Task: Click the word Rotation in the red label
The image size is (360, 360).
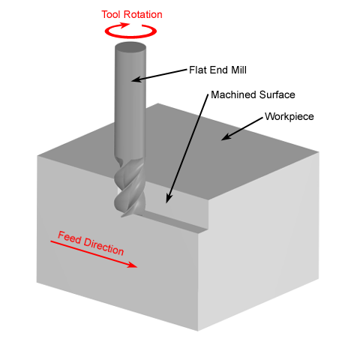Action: [143, 14]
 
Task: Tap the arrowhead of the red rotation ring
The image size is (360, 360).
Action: [124, 25]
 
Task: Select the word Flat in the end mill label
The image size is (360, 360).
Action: [199, 70]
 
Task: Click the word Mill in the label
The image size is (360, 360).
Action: [238, 70]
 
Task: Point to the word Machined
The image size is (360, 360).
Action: [234, 94]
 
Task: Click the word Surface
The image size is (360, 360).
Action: [277, 94]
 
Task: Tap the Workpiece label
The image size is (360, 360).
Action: [289, 117]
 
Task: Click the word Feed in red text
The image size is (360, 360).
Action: [70, 237]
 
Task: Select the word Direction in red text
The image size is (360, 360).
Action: [103, 247]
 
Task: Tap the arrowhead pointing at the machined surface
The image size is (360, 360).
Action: [169, 198]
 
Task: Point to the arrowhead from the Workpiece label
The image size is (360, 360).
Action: [226, 136]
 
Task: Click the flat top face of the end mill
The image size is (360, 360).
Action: [130, 47]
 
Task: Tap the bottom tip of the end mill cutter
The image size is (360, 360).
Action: [122, 216]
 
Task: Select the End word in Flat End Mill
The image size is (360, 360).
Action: [219, 70]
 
